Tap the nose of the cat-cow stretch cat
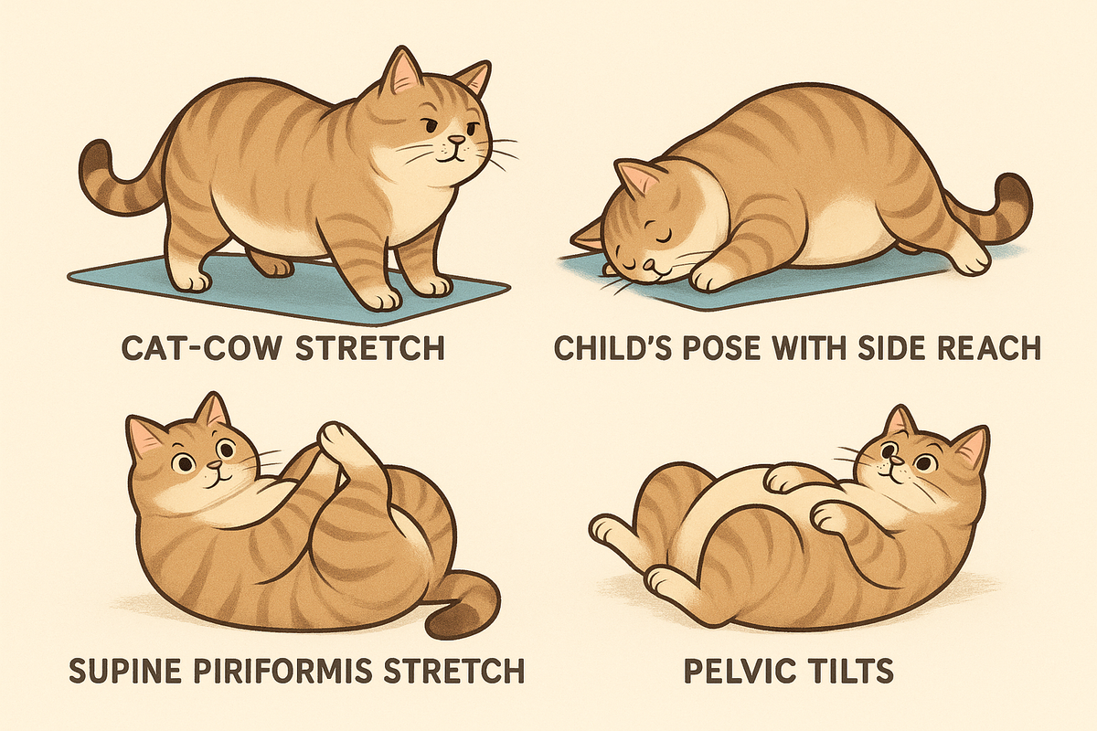tap(454, 143)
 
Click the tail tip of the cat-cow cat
tap(91, 160)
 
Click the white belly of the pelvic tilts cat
tap(722, 512)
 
